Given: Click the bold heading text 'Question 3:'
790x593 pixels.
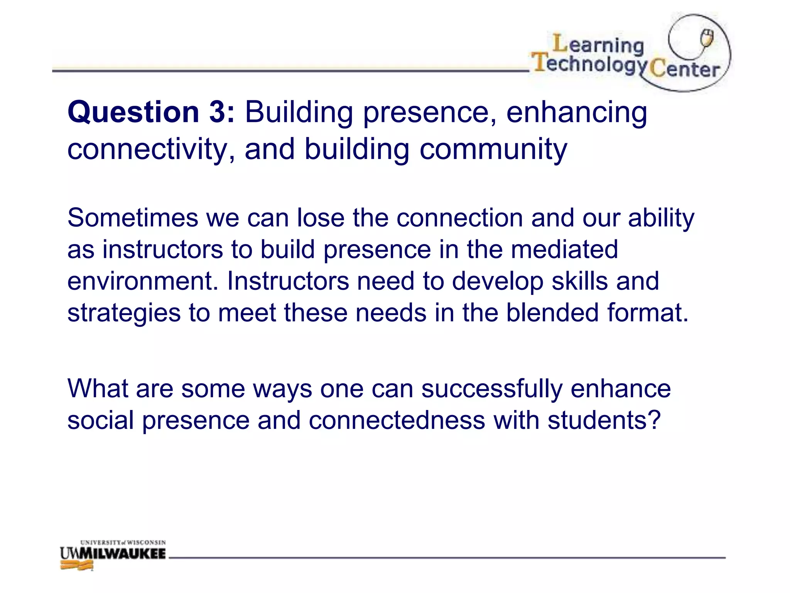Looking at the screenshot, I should (151, 112).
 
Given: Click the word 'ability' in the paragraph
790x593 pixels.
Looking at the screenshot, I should (661, 219).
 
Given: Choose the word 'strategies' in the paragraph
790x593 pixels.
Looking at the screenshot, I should (124, 313).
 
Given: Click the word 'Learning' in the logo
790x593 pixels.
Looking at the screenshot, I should (598, 45).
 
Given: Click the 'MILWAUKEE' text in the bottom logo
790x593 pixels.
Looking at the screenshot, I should (127, 554).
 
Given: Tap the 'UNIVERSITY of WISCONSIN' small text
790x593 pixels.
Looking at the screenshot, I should (123, 542).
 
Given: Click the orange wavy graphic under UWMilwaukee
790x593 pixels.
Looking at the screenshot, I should (77, 566).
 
